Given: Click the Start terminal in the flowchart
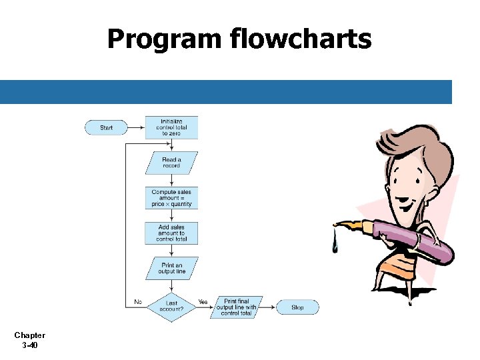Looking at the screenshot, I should [x=106, y=127].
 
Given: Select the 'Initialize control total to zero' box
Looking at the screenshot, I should [x=171, y=127].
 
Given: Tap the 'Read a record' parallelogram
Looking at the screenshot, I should [x=171, y=163].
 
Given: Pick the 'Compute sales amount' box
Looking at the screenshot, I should [x=171, y=198].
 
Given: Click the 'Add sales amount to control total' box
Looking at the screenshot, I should [x=171, y=233].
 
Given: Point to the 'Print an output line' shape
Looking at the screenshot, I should [x=171, y=269].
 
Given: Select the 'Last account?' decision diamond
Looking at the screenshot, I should [x=171, y=307].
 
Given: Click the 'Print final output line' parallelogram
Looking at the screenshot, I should [x=236, y=307].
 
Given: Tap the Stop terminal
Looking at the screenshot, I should [x=297, y=307].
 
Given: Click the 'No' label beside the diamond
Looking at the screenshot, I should [x=138, y=302].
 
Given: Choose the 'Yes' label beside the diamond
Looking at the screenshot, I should [x=203, y=302].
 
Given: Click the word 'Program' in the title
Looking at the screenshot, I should [x=163, y=40].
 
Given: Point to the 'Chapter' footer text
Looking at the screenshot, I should [x=29, y=335].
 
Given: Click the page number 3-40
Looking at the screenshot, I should [x=29, y=345].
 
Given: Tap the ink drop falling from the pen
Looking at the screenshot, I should [x=335, y=246].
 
